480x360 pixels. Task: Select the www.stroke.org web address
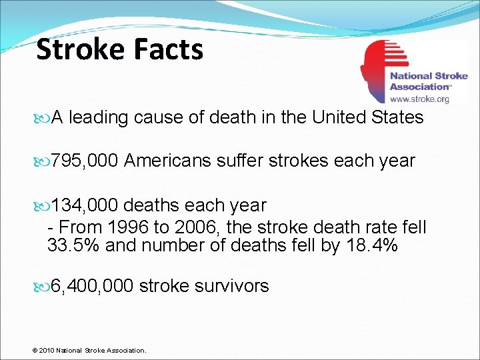[x=419, y=99]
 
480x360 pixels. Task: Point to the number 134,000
[x=85, y=205]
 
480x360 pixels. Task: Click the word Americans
[x=169, y=161]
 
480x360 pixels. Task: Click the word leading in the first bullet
[x=99, y=118]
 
